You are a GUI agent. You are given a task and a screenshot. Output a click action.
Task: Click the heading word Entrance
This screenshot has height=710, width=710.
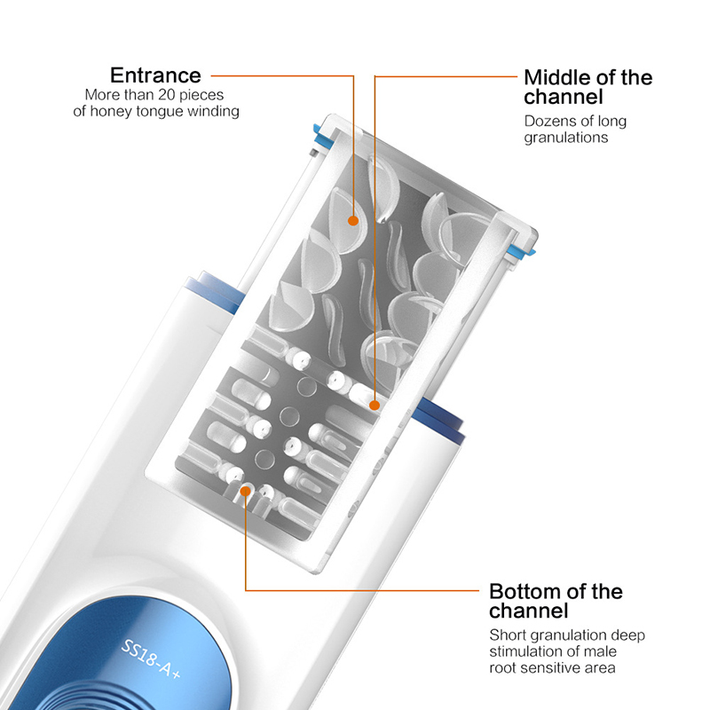pyautogui.click(x=155, y=75)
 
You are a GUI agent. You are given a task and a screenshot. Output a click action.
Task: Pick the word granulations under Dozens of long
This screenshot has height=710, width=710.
pyautogui.click(x=566, y=138)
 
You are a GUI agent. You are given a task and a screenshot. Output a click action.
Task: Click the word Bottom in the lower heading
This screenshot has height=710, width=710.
pyautogui.click(x=525, y=591)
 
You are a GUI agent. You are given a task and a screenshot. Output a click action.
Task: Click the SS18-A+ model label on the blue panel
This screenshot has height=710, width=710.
pyautogui.click(x=150, y=659)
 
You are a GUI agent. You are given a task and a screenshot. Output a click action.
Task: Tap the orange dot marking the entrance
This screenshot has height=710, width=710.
pyautogui.click(x=353, y=220)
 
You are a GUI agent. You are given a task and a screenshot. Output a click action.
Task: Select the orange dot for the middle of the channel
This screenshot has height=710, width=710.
pyautogui.click(x=375, y=406)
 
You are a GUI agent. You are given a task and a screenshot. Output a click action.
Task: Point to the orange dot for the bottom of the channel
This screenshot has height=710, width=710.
pyautogui.click(x=246, y=491)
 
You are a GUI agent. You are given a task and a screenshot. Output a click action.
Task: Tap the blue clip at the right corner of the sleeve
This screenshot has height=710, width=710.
pyautogui.click(x=521, y=249)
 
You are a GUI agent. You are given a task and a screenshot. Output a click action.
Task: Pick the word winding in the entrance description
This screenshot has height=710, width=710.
pyautogui.click(x=213, y=112)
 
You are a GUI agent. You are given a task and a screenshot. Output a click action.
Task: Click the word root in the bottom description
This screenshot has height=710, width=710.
pyautogui.click(x=500, y=668)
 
